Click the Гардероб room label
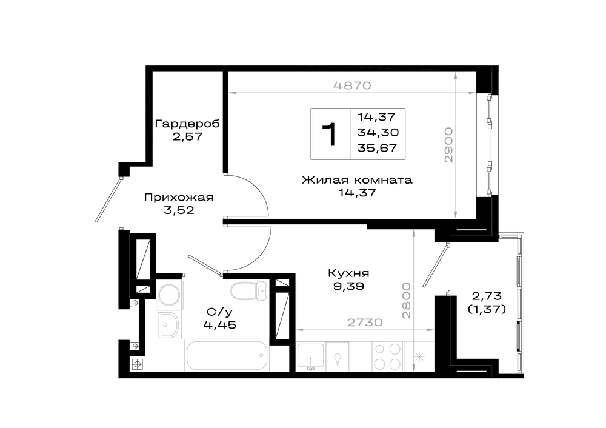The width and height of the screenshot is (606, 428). pos(187,124)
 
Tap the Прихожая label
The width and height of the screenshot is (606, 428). pos(179,197)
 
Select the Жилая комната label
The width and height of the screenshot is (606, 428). pos(357,180)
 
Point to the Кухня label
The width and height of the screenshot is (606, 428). pos(348,273)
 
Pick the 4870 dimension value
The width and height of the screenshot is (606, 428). pos(352,85)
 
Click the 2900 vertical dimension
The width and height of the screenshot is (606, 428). pos(448,145)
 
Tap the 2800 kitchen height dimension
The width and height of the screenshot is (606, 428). pos(406,301)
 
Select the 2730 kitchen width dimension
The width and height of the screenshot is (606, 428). pos(365,322)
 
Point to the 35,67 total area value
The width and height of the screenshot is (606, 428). pos(377,148)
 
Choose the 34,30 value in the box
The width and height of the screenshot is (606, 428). pos(378,132)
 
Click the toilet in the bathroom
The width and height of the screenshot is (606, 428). pos(249,290)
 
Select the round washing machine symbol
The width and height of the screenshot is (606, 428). pos(169,295)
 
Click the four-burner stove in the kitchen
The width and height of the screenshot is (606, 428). pos(387,356)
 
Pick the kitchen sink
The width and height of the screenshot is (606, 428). pos(311,356)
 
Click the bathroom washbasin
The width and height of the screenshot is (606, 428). pos(168,325)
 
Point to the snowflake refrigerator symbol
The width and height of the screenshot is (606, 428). pos(419,357)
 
